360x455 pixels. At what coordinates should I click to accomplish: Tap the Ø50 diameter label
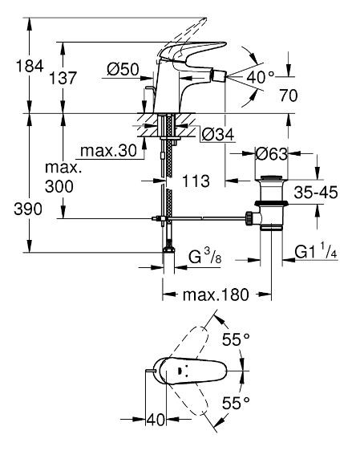click(123, 70)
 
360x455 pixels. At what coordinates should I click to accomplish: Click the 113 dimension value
click(190, 181)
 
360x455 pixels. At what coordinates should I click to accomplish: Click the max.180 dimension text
click(215, 295)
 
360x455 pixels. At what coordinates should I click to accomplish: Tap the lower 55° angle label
click(237, 402)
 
